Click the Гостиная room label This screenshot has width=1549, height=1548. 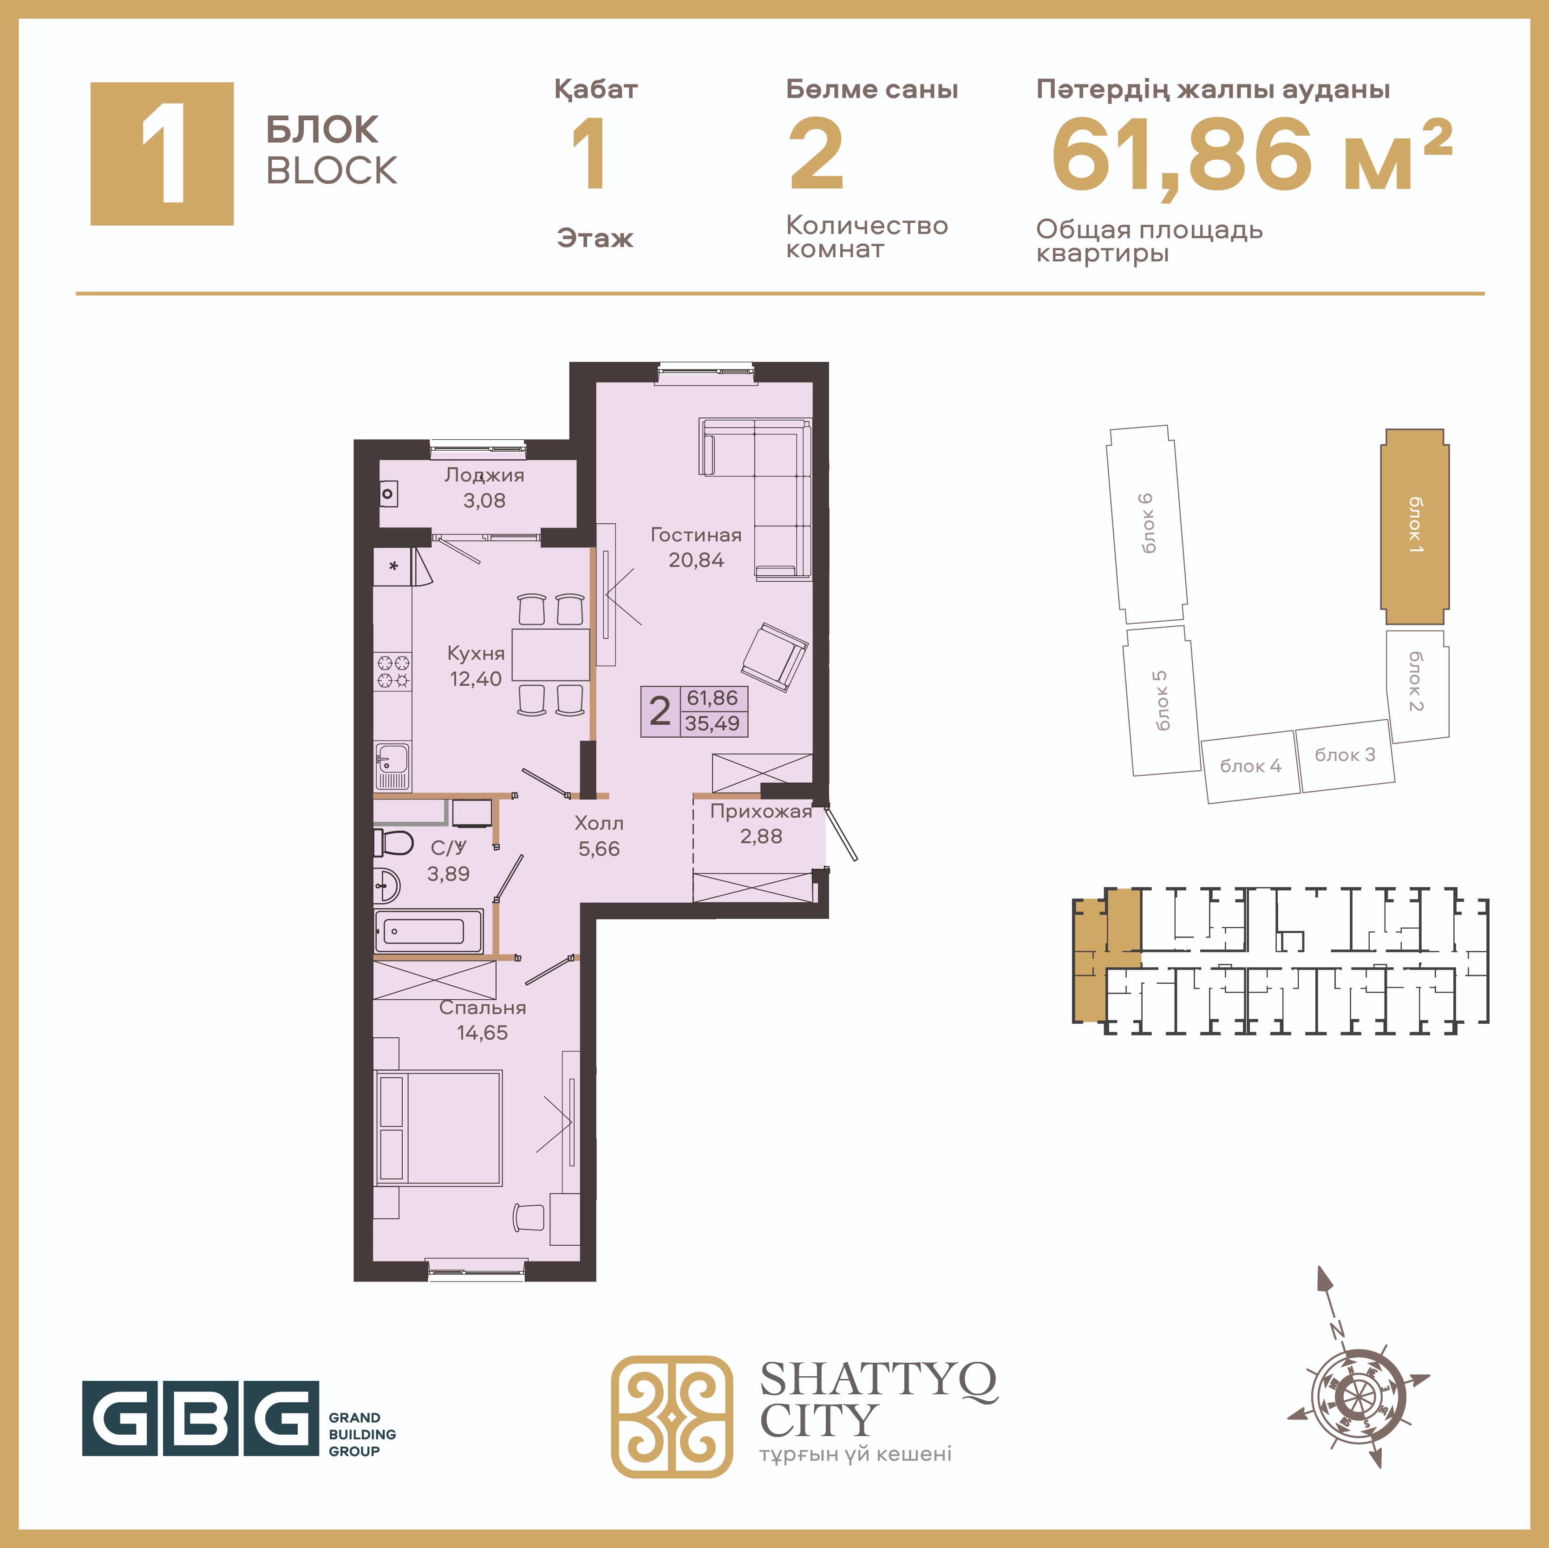coord(696,535)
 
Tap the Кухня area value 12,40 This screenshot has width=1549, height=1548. coord(476,679)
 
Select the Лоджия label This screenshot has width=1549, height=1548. coord(484,475)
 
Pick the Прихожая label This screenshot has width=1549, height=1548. coord(761,811)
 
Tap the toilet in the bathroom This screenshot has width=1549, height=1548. coord(393,843)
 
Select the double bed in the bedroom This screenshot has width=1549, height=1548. coord(438,1128)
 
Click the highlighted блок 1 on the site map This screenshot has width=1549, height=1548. coord(1414,527)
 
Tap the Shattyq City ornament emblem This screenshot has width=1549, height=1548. coord(672,1417)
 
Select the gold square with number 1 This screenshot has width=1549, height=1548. coord(162,154)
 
